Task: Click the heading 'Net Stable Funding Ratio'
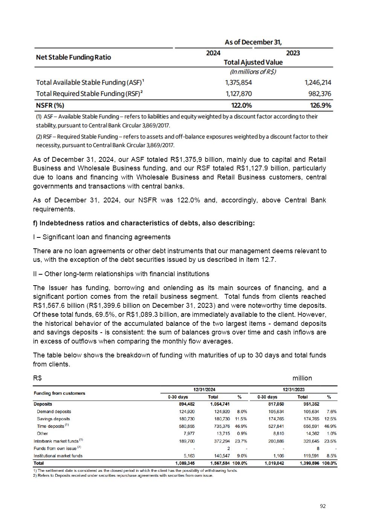point(73,57)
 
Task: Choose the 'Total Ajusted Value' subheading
point(253,62)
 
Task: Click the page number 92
point(323,506)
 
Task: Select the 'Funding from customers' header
point(59,393)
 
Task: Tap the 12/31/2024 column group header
point(204,390)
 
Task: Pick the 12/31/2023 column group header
point(294,390)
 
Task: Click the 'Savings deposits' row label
point(53,419)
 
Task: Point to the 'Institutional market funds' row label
point(58,456)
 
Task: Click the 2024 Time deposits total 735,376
point(220,426)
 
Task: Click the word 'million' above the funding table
point(302,378)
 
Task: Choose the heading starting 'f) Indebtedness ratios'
point(144,223)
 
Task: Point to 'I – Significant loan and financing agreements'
point(102,237)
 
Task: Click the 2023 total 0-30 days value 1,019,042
point(274,463)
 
